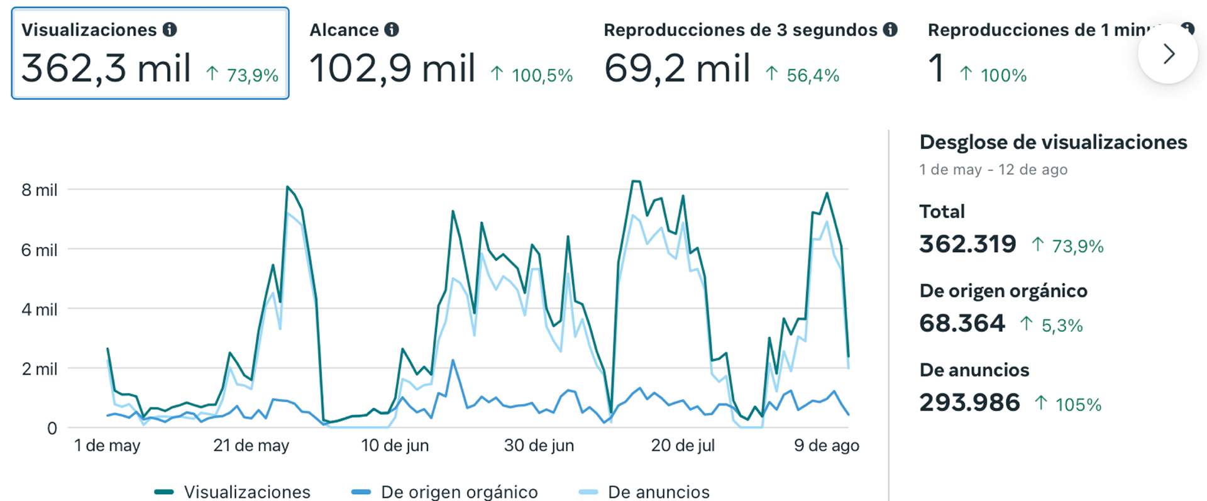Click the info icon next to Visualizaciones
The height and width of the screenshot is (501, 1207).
click(x=170, y=30)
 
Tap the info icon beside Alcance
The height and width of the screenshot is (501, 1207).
click(x=392, y=30)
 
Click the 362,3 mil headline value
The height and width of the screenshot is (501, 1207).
click(x=106, y=69)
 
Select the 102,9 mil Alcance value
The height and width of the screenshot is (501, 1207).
click(x=392, y=69)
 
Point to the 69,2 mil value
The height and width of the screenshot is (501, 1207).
click(x=677, y=69)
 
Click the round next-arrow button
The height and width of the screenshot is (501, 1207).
click(x=1167, y=54)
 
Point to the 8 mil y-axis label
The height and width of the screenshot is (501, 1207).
click(x=39, y=190)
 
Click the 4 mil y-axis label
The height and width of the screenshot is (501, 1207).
click(x=39, y=309)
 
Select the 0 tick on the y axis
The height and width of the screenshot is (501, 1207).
click(x=52, y=429)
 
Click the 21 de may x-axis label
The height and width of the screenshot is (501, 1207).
click(x=251, y=446)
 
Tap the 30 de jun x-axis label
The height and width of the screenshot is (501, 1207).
click(x=539, y=446)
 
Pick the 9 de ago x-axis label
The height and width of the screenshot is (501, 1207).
click(x=826, y=446)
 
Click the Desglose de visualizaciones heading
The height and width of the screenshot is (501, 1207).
click(x=1053, y=142)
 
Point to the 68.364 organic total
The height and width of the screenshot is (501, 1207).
click(x=962, y=323)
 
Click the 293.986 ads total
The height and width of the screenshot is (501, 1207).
click(x=969, y=402)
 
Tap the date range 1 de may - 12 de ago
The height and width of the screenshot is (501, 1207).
click(x=993, y=170)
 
